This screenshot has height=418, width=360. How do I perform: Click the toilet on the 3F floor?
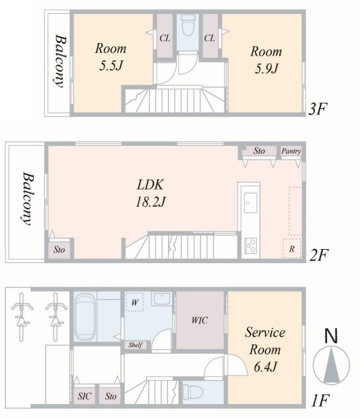coord(188,25)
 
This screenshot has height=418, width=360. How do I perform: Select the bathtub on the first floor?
coord(85,317)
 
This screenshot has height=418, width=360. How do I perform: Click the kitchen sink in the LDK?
coord(251,203)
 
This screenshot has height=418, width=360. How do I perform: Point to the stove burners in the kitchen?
coord(251,246)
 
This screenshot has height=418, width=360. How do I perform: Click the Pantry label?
coord(291,151)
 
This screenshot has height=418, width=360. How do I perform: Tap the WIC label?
coord(199,320)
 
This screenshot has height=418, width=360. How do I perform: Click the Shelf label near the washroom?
coord(135,345)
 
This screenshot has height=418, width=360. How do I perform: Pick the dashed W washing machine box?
coord(135,302)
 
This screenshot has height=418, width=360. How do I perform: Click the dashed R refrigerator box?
coord(292,248)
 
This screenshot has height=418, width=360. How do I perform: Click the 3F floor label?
coord(317,109)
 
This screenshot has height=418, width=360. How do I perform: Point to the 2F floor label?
coord(319,255)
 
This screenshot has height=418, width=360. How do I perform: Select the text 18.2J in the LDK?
coord(151,202)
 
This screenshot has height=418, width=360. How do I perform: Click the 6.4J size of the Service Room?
coord(265,367)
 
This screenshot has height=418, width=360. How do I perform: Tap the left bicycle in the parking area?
coord(22,317)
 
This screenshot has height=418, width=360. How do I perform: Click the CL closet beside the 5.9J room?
coord(210,36)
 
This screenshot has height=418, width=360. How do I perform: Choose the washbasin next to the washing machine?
coord(161,299)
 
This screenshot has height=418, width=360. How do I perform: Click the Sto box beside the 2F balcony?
coord(59,250)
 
